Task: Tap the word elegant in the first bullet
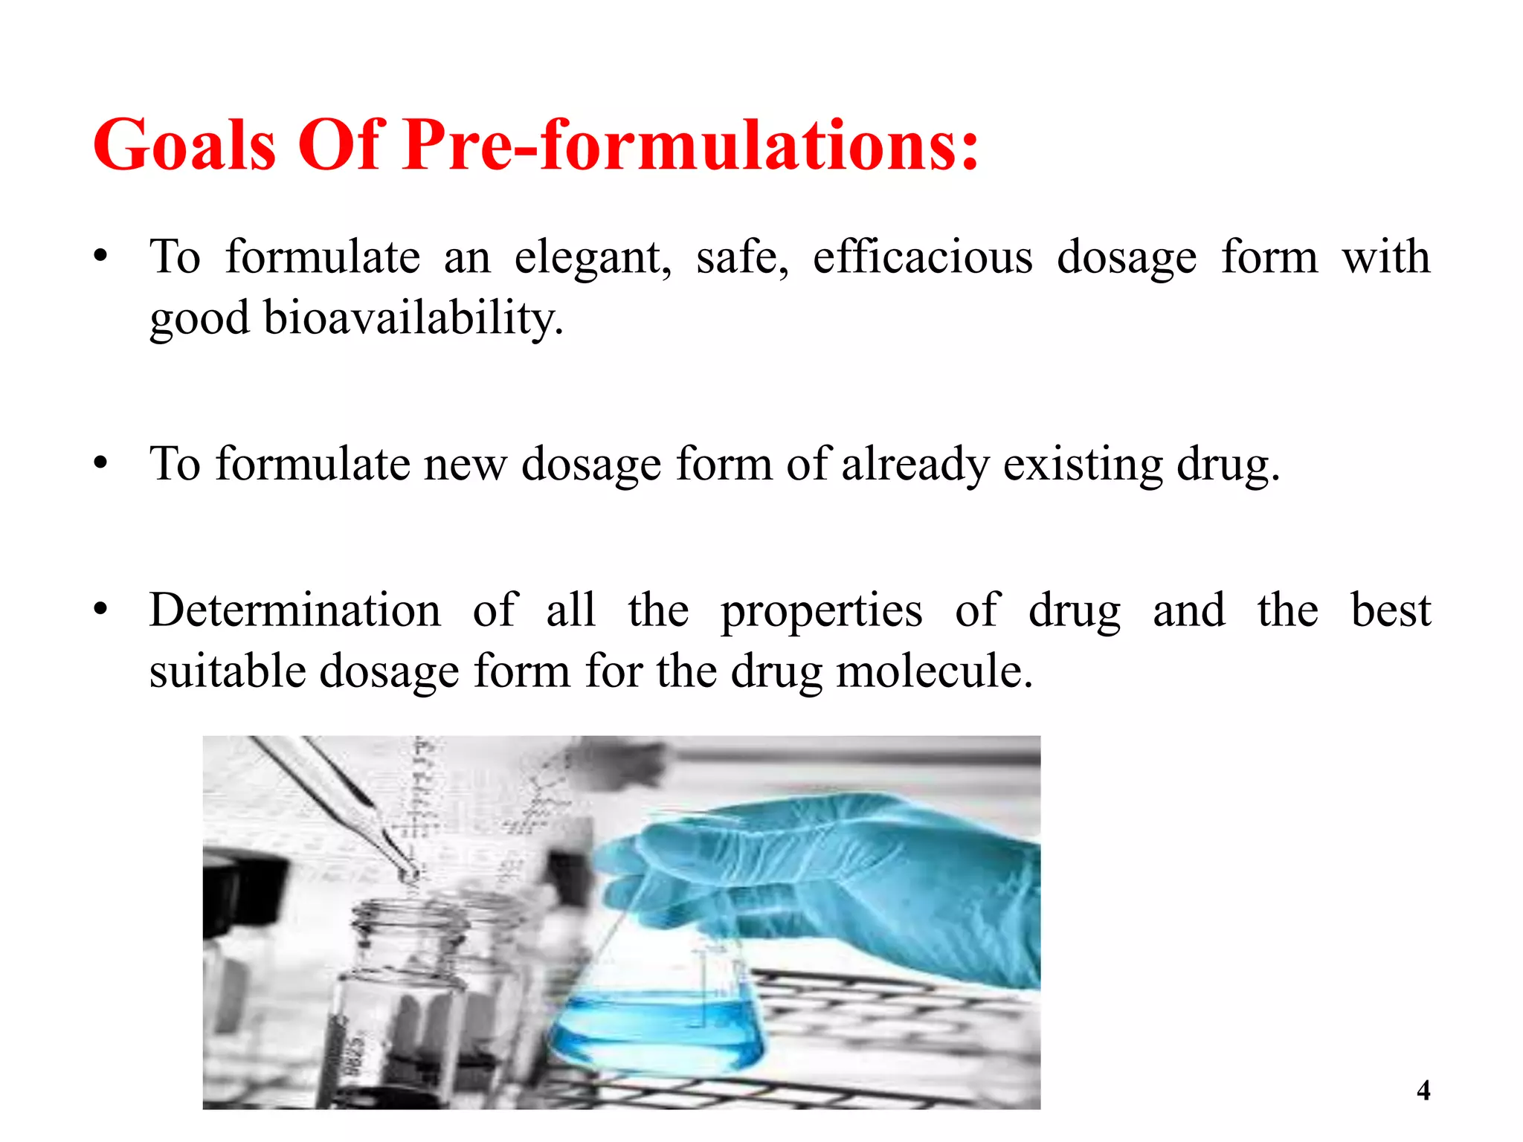(x=593, y=257)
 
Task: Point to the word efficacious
(x=922, y=257)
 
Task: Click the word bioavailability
(x=413, y=318)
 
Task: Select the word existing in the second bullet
(x=1083, y=464)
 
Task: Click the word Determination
(x=295, y=610)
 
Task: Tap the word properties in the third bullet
(x=822, y=610)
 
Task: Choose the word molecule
(x=935, y=671)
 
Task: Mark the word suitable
(x=228, y=671)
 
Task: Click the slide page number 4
(x=1423, y=1091)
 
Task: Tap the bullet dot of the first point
(x=101, y=257)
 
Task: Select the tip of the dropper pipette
(x=410, y=874)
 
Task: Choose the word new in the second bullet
(x=465, y=464)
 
